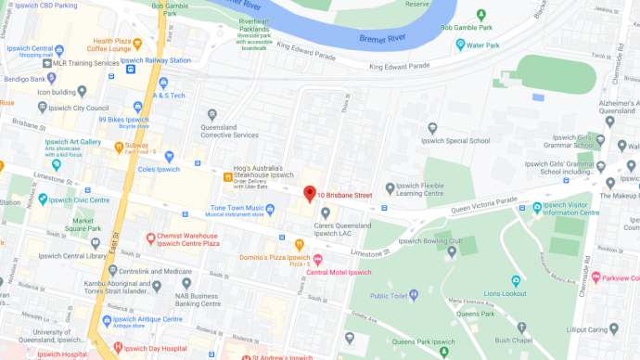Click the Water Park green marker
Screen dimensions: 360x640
[458, 45]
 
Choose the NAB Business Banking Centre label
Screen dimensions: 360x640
[225, 287]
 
